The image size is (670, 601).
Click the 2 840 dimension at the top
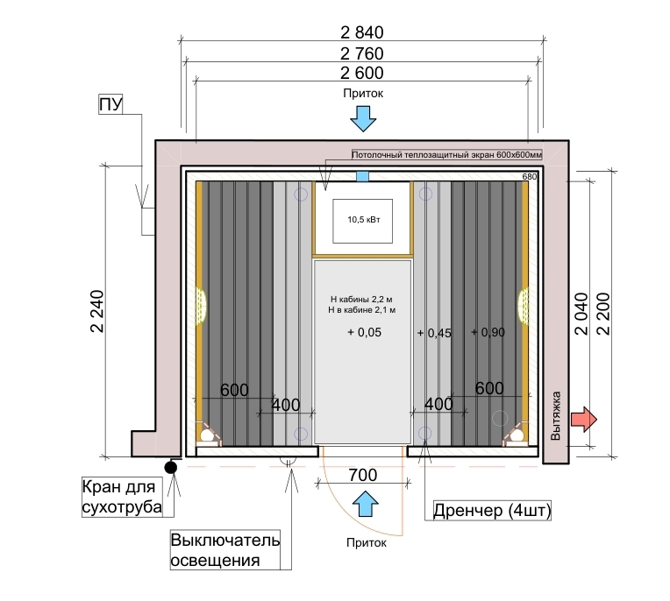362,32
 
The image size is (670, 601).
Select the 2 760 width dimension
362,53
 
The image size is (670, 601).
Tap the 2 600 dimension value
362,74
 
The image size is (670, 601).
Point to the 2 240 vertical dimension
97,311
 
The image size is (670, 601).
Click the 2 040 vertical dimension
581,314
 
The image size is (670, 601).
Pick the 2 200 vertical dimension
603,314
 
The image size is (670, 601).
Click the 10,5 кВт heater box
363,221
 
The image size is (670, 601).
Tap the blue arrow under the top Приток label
363,118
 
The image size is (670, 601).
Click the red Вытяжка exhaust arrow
584,419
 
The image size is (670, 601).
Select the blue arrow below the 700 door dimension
366,504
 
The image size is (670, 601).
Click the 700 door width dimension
363,475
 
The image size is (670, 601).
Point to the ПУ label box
110,104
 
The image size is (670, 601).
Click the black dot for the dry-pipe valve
171,468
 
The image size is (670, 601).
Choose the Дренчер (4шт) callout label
492,510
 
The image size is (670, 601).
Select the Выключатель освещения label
225,550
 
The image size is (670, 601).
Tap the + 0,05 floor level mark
365,332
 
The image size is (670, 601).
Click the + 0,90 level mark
488,332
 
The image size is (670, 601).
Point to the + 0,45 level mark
434,333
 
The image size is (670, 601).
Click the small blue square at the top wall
363,176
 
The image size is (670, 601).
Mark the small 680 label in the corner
530,176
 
